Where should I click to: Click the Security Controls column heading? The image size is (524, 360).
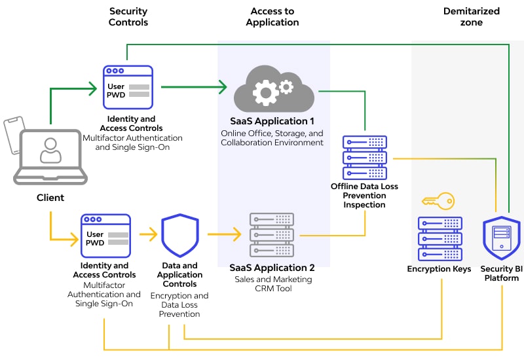coord(128,16)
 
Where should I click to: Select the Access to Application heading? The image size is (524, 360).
coord(272,16)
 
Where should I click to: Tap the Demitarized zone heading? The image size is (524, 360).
coord(472,16)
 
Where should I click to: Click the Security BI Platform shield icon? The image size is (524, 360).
coord(501,238)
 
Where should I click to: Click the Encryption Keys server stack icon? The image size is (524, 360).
coord(440,239)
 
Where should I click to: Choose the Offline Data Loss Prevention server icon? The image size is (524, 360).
coord(365,158)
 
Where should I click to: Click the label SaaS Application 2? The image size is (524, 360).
coord(272,268)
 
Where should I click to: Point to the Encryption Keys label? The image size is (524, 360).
coord(439,269)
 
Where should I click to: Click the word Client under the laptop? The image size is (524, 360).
coord(50,197)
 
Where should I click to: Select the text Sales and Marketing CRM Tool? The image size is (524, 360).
coord(272,284)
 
